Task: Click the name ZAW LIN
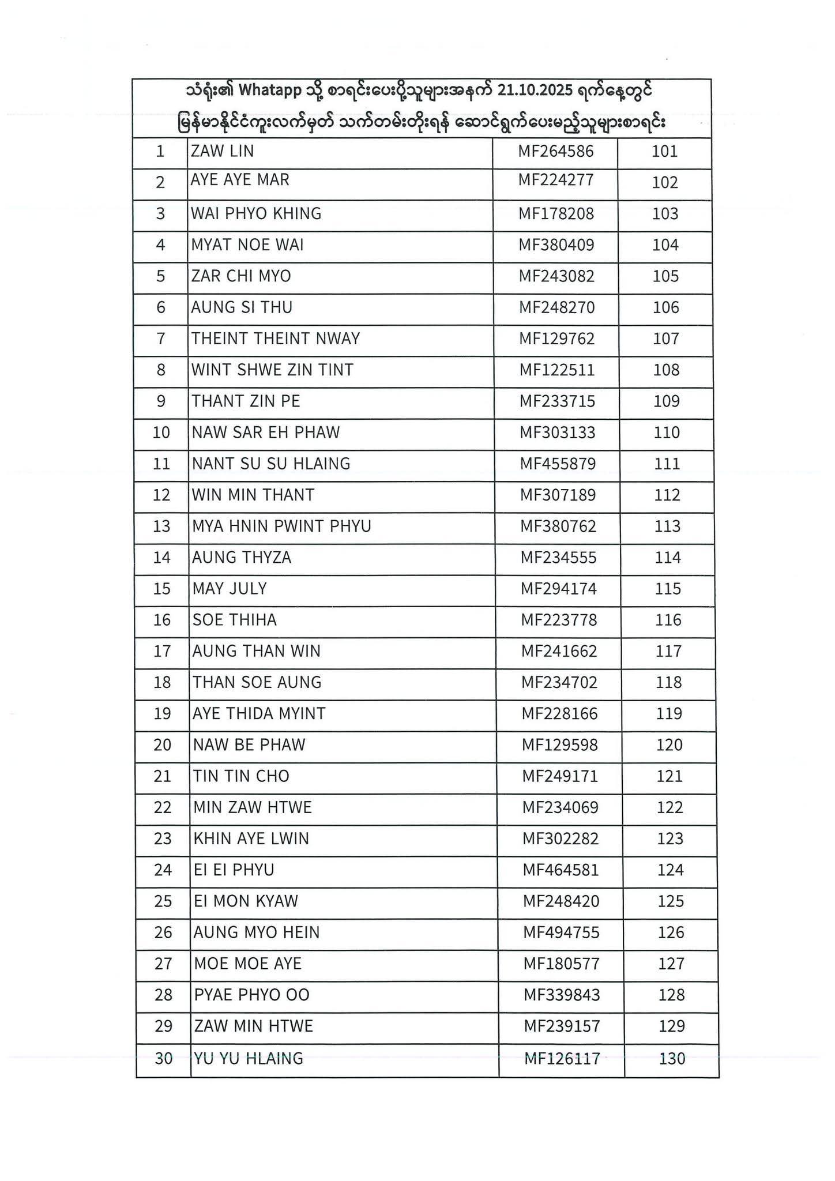[x=222, y=152]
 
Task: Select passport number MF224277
[x=555, y=180]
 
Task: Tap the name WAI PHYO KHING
[x=256, y=214]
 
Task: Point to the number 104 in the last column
[x=665, y=245]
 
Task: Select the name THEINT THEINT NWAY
[x=276, y=338]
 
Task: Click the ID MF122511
[x=556, y=370]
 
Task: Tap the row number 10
[x=161, y=432]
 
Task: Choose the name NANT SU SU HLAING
[x=271, y=464]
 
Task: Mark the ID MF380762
[x=558, y=526]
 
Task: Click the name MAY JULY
[x=230, y=589]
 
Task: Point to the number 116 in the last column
[x=668, y=620]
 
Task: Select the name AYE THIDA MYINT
[x=259, y=714]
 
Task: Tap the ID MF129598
[x=559, y=745]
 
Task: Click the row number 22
[x=163, y=807]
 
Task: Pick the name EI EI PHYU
[x=234, y=870]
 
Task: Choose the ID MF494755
[x=561, y=932]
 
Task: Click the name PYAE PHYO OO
[x=251, y=995]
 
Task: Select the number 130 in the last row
[x=671, y=1058]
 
